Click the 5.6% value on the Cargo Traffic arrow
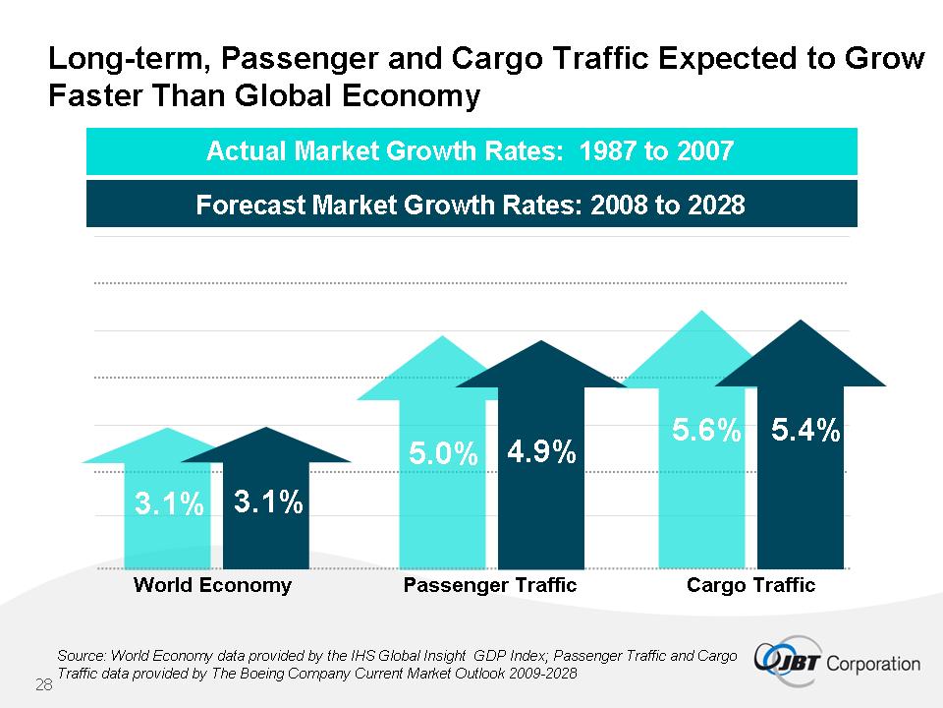point(706,431)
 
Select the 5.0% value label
point(443,454)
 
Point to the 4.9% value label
point(541,452)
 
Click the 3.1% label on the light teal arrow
point(169,505)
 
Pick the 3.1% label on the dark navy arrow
point(267,502)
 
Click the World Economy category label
point(212,585)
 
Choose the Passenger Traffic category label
point(490,585)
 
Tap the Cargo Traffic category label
point(750,585)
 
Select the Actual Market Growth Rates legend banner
point(471,151)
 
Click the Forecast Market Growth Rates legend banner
point(471,205)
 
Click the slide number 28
point(43,684)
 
